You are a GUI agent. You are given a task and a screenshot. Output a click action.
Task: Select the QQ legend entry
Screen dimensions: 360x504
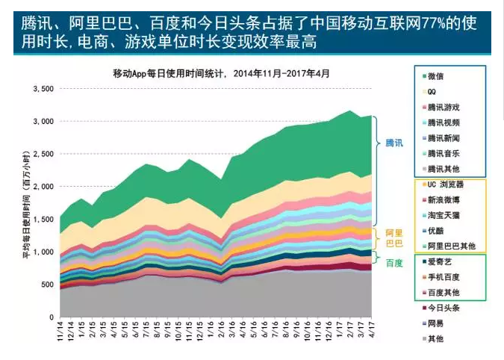point(433,91)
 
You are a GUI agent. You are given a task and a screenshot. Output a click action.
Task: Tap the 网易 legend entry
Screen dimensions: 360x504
point(435,323)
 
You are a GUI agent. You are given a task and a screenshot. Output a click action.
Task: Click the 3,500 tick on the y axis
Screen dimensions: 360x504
point(43,89)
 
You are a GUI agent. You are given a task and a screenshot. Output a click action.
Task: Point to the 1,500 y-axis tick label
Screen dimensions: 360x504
point(43,219)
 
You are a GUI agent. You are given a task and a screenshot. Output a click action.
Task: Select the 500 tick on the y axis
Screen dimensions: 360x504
point(46,284)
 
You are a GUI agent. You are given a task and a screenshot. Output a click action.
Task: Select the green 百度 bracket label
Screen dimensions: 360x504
point(393,263)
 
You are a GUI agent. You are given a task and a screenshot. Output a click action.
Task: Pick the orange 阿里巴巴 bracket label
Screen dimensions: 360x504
point(393,238)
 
